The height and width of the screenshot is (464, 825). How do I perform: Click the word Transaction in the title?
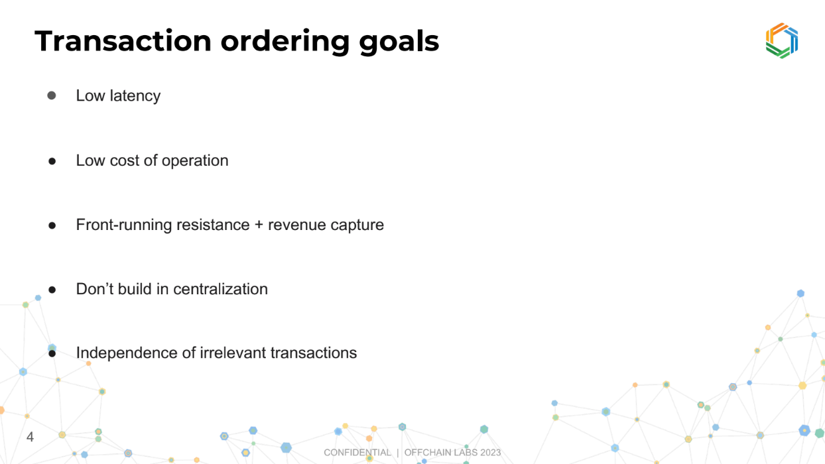pyautogui.click(x=123, y=41)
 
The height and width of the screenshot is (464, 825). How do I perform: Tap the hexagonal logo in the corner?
pyautogui.click(x=782, y=40)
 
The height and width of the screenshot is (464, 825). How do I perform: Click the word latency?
pyautogui.click(x=135, y=96)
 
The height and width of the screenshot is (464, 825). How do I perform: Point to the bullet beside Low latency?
pyautogui.click(x=52, y=95)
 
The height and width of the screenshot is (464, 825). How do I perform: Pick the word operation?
pyautogui.click(x=195, y=161)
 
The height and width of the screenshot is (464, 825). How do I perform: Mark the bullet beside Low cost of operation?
pyautogui.click(x=52, y=161)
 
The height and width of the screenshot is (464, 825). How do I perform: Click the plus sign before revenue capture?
pyautogui.click(x=259, y=225)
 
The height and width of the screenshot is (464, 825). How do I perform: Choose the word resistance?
pyautogui.click(x=213, y=225)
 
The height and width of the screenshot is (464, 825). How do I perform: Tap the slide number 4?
pyautogui.click(x=30, y=437)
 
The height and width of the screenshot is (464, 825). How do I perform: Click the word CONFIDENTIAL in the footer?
pyautogui.click(x=357, y=453)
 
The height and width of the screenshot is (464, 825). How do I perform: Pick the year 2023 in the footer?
pyautogui.click(x=490, y=453)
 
